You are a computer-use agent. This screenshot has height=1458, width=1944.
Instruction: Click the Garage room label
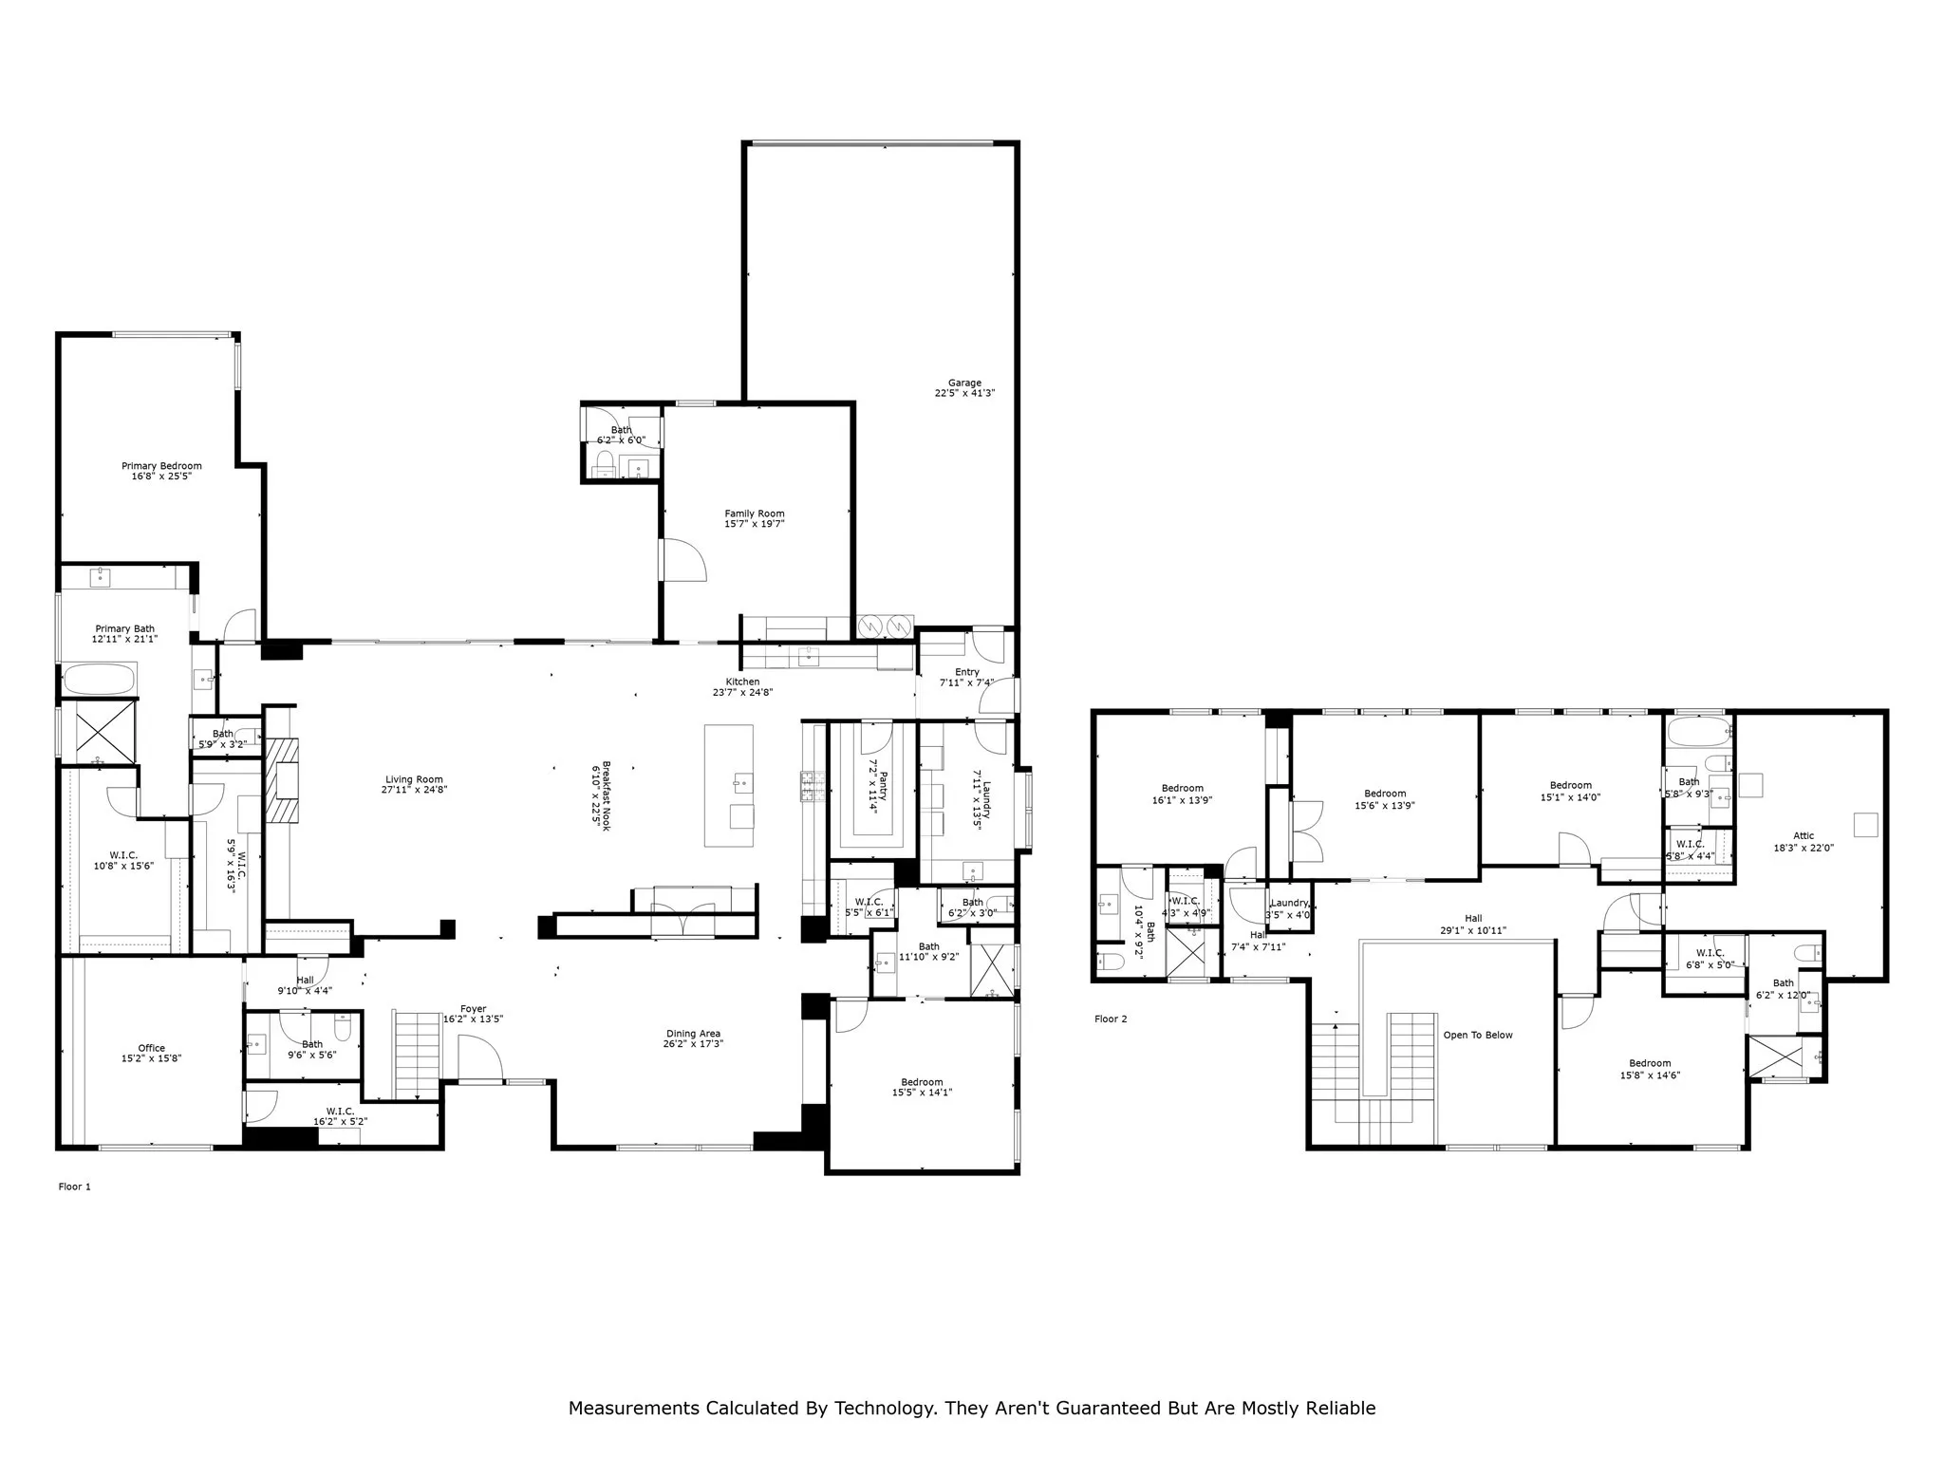pyautogui.click(x=964, y=383)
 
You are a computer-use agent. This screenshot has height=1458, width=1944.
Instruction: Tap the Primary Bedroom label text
pyautogui.click(x=161, y=466)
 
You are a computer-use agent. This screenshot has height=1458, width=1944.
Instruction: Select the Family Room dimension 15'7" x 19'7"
pyautogui.click(x=755, y=524)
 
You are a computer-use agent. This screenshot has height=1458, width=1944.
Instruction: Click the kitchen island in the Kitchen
pyautogui.click(x=729, y=786)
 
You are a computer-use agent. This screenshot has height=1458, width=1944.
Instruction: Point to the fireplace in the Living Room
pyautogui.click(x=282, y=780)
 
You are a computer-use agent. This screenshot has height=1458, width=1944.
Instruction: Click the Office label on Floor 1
pyautogui.click(x=152, y=1048)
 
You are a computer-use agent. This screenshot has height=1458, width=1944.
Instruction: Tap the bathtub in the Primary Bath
pyautogui.click(x=100, y=680)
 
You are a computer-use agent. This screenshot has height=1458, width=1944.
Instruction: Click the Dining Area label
pyautogui.click(x=693, y=1034)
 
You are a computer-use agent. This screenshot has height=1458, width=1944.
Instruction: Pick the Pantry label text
pyautogui.click(x=882, y=786)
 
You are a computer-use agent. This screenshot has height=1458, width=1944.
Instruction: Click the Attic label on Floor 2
pyautogui.click(x=1804, y=836)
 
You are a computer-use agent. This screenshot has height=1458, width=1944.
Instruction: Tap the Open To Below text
pyautogui.click(x=1478, y=1035)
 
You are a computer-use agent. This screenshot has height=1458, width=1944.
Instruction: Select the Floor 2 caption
pyautogui.click(x=1111, y=1019)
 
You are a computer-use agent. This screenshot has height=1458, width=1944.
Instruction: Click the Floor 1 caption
pyautogui.click(x=75, y=1187)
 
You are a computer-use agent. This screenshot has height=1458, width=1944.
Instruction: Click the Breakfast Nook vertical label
pyautogui.click(x=606, y=795)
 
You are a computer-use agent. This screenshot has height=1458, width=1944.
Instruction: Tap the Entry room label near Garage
pyautogui.click(x=966, y=672)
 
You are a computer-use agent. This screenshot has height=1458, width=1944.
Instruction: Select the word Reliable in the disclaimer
pyautogui.click(x=1340, y=1408)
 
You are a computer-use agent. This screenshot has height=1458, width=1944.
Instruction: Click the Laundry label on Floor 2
pyautogui.click(x=1289, y=903)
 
